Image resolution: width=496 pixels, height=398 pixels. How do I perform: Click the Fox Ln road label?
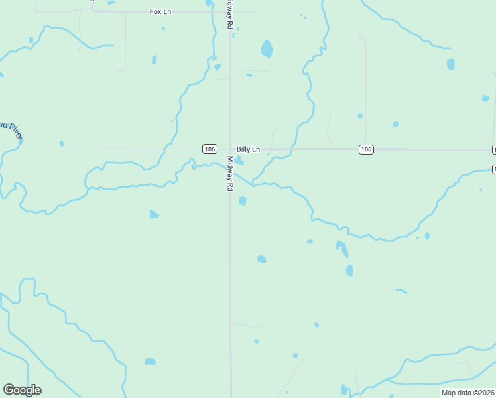[x=160, y=12]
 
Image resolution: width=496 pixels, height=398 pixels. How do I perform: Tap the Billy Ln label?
[x=248, y=149]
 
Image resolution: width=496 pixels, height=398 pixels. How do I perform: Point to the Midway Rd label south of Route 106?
[x=230, y=174]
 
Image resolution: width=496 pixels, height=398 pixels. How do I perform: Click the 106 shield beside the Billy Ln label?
[x=210, y=149]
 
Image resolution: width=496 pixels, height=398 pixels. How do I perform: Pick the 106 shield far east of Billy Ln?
[x=366, y=149]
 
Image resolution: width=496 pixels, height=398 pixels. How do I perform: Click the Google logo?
[x=22, y=390]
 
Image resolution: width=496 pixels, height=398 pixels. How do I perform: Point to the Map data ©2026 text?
[x=467, y=393]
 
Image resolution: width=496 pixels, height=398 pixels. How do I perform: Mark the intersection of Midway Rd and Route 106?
[x=230, y=149]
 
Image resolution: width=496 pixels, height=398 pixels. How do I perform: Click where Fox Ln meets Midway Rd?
[x=230, y=12]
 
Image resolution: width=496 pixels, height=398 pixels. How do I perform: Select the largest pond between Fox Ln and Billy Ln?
[x=267, y=48]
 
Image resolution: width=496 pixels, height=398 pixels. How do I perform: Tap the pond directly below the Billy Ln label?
[x=239, y=161]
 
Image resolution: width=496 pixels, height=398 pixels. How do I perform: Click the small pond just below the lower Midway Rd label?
[x=243, y=201]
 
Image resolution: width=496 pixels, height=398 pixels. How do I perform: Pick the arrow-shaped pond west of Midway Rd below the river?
[x=154, y=214]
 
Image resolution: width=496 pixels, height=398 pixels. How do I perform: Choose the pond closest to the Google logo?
[x=151, y=362]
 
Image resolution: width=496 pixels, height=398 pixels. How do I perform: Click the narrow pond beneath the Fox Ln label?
[x=154, y=60]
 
